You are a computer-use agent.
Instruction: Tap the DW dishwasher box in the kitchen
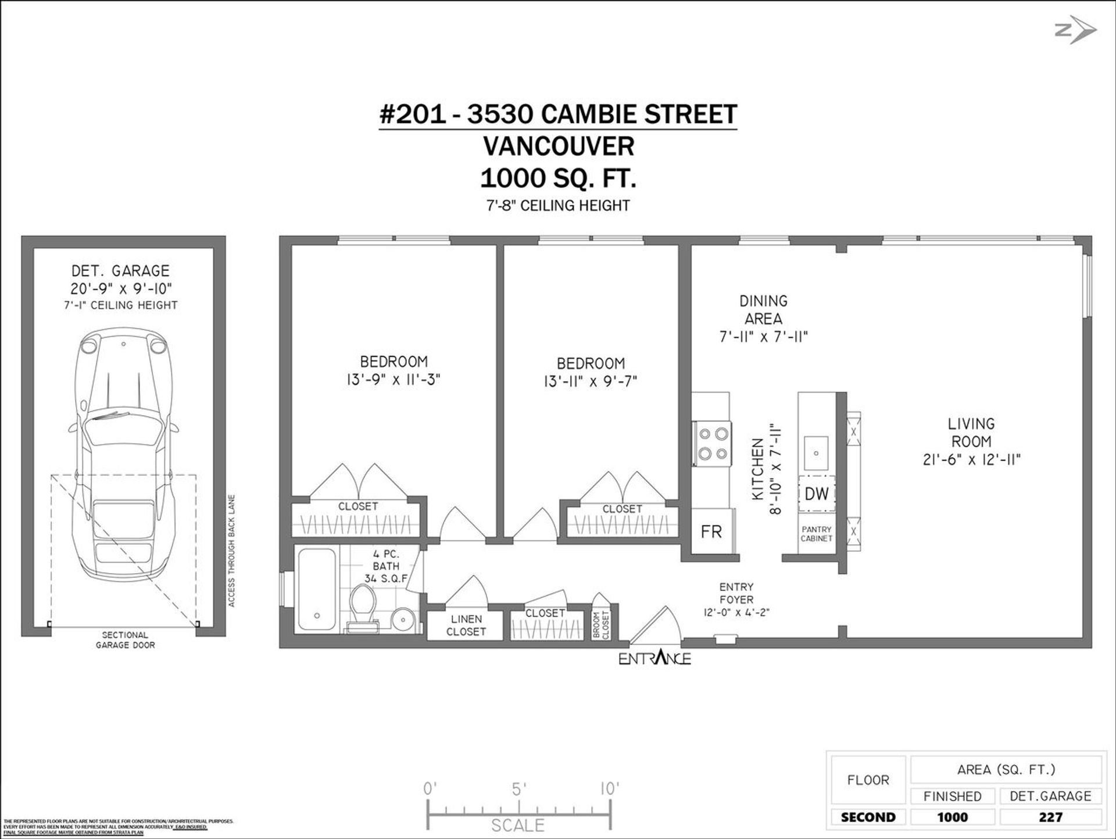[x=816, y=494]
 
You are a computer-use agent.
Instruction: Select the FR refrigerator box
[x=711, y=531]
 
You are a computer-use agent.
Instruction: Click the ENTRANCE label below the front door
[x=654, y=659]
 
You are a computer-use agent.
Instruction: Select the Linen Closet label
[x=466, y=625]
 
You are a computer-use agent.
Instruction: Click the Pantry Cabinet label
[x=816, y=534]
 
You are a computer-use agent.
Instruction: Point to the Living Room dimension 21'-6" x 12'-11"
[x=971, y=460]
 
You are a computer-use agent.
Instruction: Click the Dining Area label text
[x=763, y=309]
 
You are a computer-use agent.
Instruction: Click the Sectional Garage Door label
[x=125, y=640]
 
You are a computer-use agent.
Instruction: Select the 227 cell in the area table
[x=1050, y=817]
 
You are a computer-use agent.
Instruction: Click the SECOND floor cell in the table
[x=868, y=817]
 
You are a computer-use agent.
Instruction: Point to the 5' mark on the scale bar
[x=518, y=789]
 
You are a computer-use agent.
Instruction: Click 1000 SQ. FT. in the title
[x=558, y=178]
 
